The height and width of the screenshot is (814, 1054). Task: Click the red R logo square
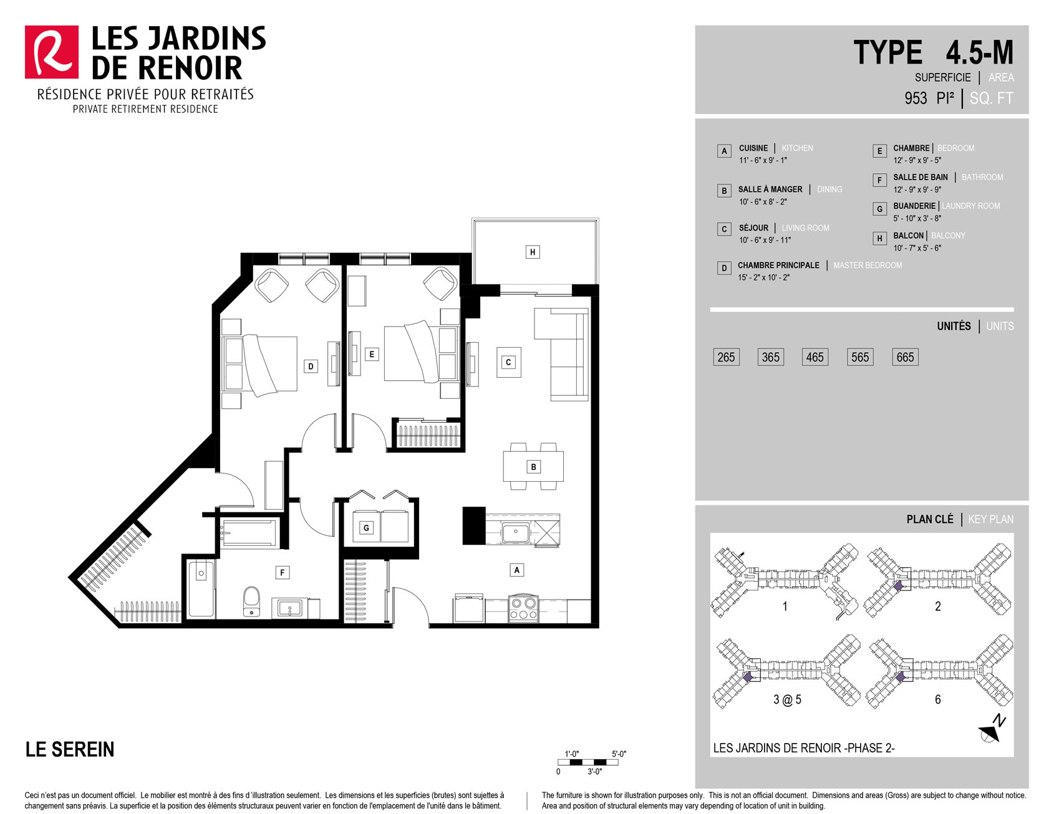tap(52, 52)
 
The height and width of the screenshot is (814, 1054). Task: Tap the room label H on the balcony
tap(532, 252)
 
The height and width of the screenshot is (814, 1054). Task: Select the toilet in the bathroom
tap(251, 601)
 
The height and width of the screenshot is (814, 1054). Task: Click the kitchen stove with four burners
tap(523, 608)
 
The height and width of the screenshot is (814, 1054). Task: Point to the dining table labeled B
tap(533, 466)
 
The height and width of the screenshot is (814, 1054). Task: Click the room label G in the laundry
tap(366, 528)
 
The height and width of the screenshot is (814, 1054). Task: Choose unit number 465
tap(815, 357)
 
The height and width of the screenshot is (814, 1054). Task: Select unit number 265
tap(726, 357)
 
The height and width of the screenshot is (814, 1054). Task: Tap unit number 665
tap(905, 357)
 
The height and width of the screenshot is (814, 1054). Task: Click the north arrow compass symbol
tap(992, 729)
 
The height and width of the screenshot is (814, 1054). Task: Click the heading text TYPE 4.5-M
tap(933, 52)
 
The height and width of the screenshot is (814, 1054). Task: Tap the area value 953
tap(916, 98)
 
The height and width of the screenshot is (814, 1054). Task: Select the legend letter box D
tap(724, 268)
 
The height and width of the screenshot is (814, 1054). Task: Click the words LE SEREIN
tap(70, 749)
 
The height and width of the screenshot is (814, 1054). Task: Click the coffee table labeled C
tap(508, 362)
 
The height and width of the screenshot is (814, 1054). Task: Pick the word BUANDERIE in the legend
tap(914, 206)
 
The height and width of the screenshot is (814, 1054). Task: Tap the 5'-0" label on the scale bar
tap(619, 754)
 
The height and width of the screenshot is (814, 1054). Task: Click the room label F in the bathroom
tap(283, 572)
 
